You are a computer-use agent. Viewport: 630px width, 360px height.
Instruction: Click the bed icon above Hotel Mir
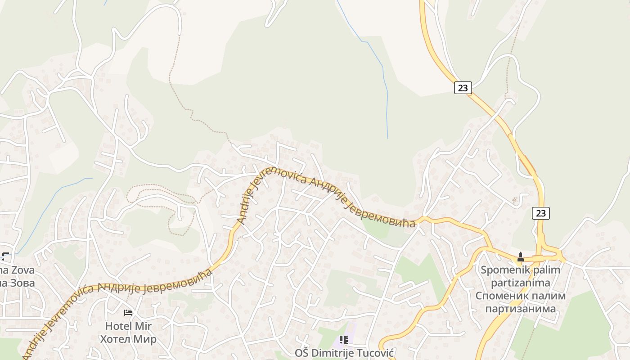point(128,312)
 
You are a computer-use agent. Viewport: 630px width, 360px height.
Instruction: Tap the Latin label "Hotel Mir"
point(128,326)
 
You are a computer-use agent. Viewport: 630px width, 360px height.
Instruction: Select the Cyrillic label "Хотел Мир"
point(128,339)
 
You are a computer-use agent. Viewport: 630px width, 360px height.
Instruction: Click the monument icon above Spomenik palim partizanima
point(521,257)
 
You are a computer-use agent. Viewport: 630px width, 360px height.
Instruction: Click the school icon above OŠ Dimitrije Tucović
point(344,340)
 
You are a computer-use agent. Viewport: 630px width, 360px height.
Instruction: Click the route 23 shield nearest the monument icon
point(540,213)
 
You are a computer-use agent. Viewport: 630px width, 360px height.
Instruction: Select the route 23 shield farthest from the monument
point(463,88)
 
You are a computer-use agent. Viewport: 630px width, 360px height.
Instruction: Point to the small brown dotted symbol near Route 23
point(514,199)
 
